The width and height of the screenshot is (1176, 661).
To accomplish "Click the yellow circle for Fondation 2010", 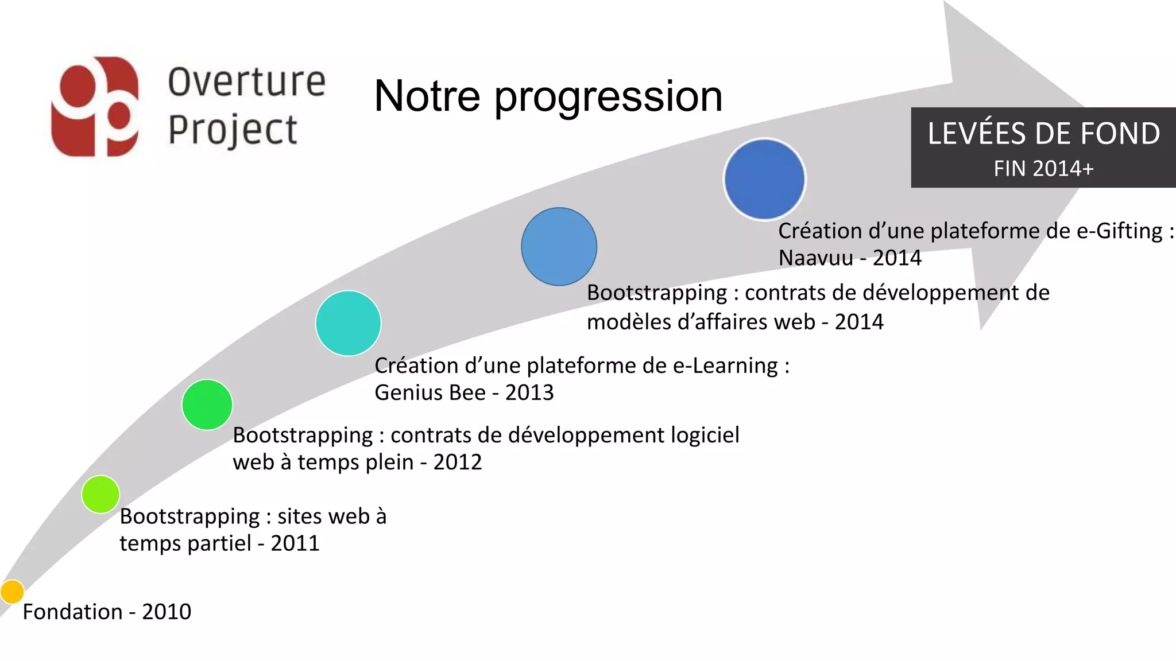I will click(12, 592).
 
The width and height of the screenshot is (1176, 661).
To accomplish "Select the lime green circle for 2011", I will click(100, 494).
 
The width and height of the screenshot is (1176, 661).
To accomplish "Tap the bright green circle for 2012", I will click(207, 405).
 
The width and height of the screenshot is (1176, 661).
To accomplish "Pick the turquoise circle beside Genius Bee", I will click(349, 323).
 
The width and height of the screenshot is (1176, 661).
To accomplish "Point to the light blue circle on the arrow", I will click(559, 247).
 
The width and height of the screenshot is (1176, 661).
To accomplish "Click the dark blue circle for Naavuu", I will click(765, 179).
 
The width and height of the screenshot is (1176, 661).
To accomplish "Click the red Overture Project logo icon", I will click(95, 107).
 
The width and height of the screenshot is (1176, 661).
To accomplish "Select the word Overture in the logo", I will click(247, 82).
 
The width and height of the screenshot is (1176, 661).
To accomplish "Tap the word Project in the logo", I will click(233, 130).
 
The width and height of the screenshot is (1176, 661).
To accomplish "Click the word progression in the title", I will click(608, 96).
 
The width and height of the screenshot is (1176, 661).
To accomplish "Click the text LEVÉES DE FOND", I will click(1043, 134).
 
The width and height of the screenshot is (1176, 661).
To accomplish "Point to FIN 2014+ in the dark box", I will click(1043, 169).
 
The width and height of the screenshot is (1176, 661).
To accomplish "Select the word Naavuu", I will click(815, 258).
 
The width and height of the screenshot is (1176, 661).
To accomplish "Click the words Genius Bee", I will click(430, 393).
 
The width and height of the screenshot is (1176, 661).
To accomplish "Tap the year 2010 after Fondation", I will click(167, 612).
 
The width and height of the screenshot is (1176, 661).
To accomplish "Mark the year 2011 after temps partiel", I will click(295, 543).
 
